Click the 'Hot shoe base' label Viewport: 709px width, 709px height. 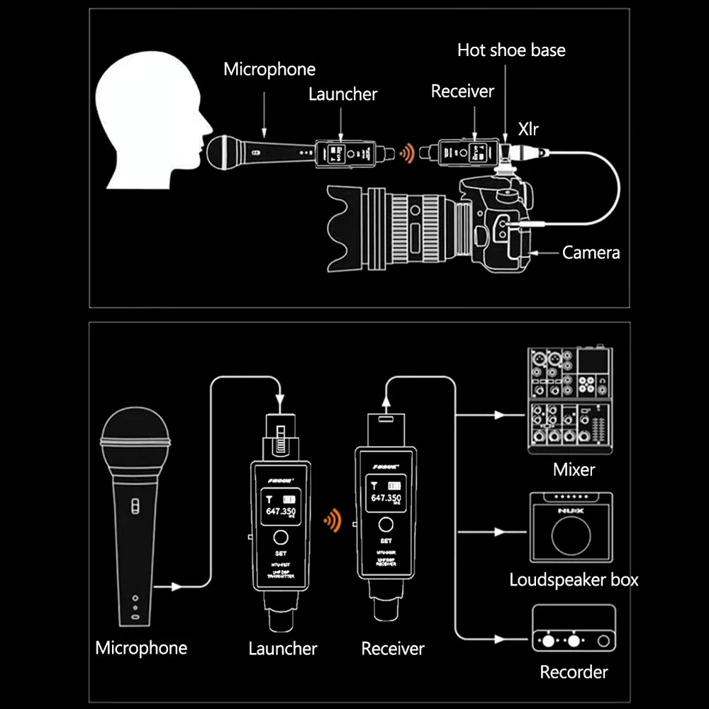pos(511,50)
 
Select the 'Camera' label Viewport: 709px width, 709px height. pos(591,252)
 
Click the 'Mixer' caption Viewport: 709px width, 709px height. pos(574,469)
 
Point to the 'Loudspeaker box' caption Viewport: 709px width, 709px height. pos(574,579)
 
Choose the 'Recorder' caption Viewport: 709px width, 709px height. pos(574,671)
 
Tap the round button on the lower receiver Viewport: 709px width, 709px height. pos(386,525)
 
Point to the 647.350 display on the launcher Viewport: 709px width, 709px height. pos(280,510)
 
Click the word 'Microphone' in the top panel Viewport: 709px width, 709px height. pos(269,69)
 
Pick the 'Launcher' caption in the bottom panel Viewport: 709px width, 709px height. pos(283,648)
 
